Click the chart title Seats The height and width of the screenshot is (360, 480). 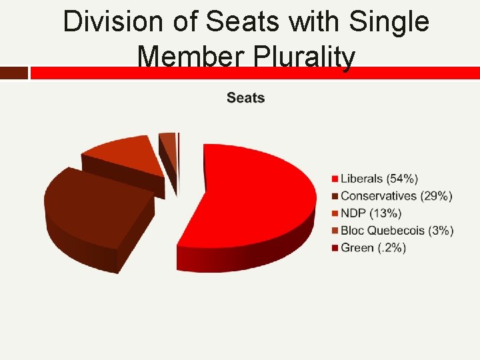tap(245, 98)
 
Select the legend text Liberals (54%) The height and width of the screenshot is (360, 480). tap(379, 179)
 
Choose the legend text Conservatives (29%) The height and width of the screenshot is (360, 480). tap(396, 196)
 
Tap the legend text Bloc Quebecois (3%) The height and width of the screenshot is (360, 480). tap(397, 231)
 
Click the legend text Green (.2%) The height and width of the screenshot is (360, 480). tap(373, 248)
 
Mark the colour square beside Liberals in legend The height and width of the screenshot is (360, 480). tap(335, 179)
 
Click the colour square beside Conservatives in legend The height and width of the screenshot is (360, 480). tap(335, 196)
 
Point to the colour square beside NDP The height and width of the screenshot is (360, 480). tap(335, 213)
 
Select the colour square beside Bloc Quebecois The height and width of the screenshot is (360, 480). tap(335, 231)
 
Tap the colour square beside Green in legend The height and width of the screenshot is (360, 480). tap(335, 248)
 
